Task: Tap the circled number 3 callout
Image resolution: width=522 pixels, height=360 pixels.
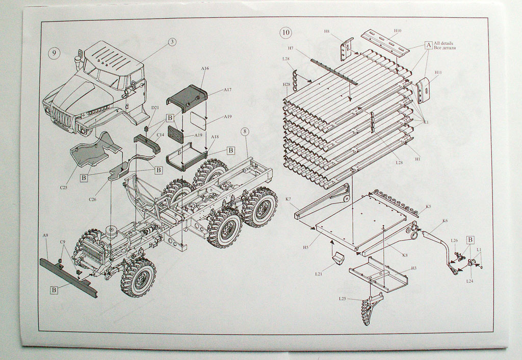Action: click(172, 41)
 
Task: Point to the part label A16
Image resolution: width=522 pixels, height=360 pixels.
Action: click(205, 68)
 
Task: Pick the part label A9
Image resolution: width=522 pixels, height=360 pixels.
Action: click(45, 235)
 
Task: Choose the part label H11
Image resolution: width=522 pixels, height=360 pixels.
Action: click(438, 72)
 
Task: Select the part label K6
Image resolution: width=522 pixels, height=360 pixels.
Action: click(445, 221)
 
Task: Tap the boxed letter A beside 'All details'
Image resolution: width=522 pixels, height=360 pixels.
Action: click(428, 45)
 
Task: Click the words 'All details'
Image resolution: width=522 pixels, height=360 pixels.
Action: click(443, 43)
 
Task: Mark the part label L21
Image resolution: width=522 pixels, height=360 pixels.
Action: click(319, 274)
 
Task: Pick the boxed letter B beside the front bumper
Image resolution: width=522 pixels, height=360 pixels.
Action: click(54, 290)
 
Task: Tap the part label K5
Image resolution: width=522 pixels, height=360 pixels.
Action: click(428, 207)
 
